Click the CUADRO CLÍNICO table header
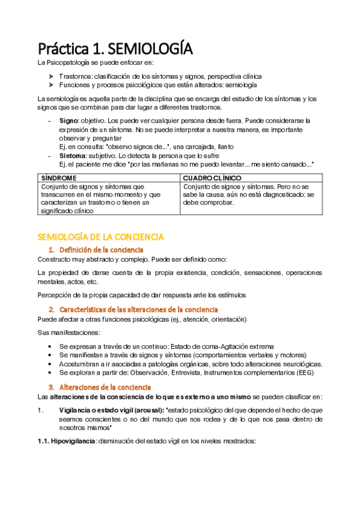[212, 179]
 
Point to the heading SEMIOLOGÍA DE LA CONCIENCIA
[100, 237]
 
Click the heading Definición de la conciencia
[101, 249]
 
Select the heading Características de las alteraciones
[138, 309]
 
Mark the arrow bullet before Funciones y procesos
[52, 85]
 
